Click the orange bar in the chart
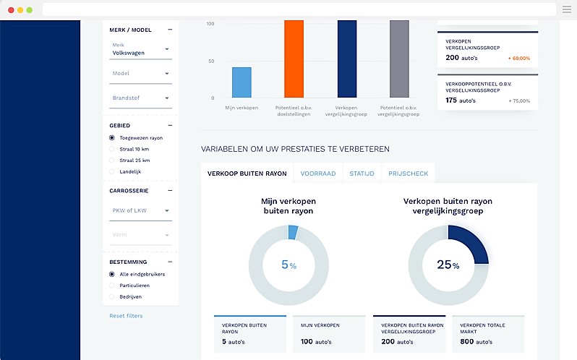click(x=294, y=59)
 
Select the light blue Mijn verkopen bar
click(x=242, y=82)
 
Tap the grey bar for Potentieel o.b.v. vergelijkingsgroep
click(x=399, y=59)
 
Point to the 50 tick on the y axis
click(x=211, y=61)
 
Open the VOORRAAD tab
click(x=318, y=173)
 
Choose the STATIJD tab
click(x=362, y=173)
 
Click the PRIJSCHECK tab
click(x=408, y=173)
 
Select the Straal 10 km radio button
click(x=112, y=149)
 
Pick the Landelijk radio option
click(x=112, y=171)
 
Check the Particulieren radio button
click(x=112, y=286)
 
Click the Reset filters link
click(x=126, y=316)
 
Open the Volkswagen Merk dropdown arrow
click(x=167, y=49)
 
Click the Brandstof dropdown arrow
click(x=167, y=98)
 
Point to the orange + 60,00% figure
click(x=519, y=59)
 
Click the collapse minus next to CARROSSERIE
click(x=170, y=190)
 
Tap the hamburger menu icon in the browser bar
click(x=567, y=9)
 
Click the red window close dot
click(x=11, y=10)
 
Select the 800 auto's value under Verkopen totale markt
click(x=476, y=342)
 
